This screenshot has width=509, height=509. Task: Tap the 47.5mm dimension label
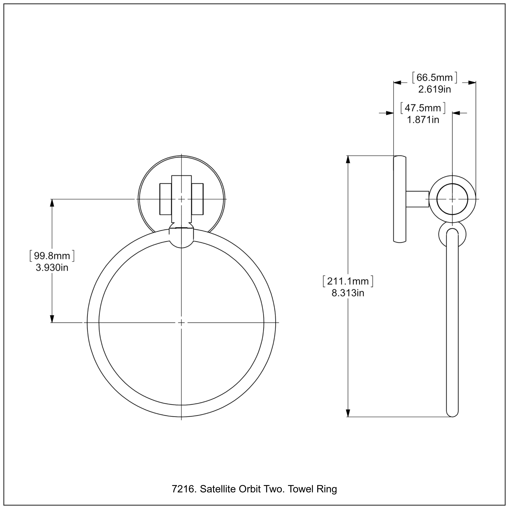[423, 108]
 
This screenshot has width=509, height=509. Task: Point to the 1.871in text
[423, 120]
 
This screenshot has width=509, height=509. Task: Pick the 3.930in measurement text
[52, 268]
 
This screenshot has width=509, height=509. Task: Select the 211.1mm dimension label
[348, 281]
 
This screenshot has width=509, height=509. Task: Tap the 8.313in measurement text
[348, 293]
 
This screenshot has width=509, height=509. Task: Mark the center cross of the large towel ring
[181, 323]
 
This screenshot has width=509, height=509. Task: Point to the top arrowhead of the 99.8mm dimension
[52, 203]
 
